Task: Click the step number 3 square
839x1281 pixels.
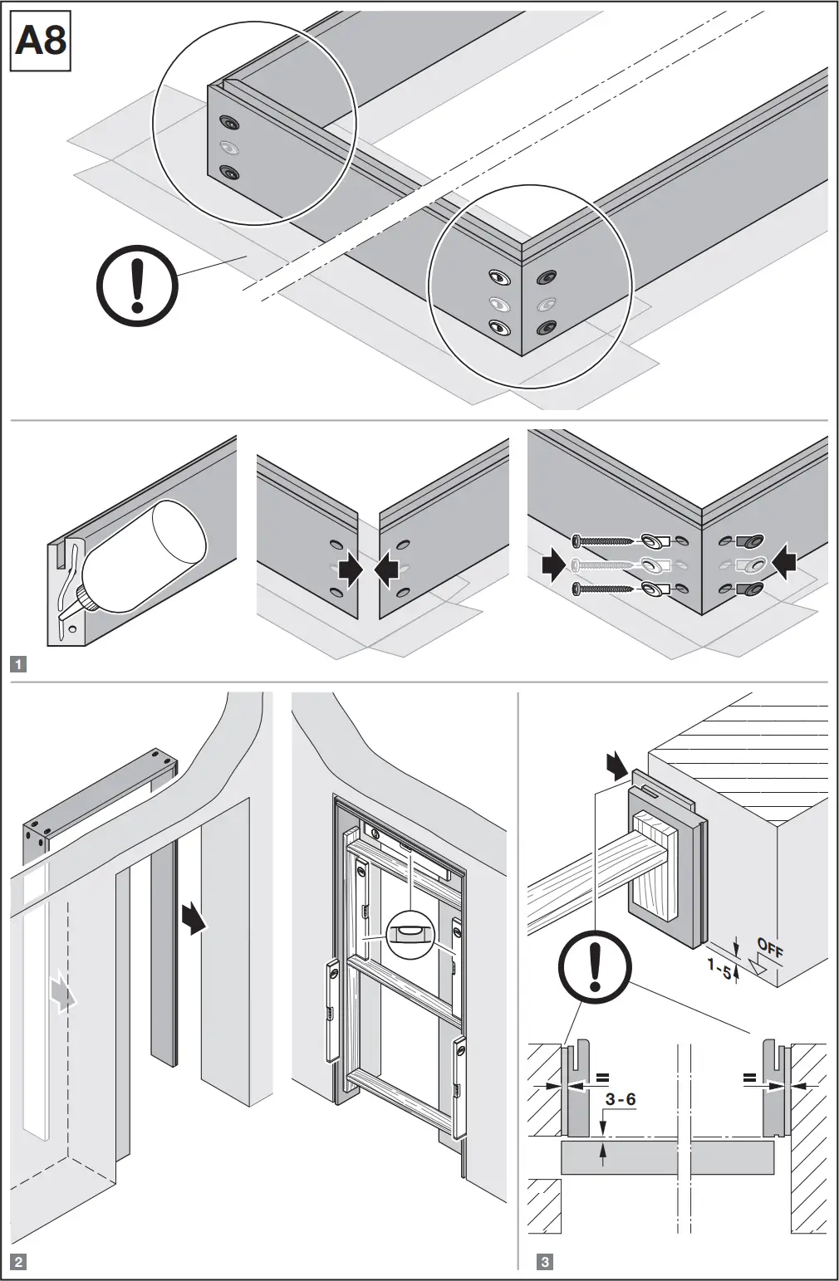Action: pos(545,1263)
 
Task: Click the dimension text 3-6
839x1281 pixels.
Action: pos(621,1099)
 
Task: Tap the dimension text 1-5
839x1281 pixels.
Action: pos(719,965)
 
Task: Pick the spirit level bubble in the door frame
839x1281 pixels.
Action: pos(410,933)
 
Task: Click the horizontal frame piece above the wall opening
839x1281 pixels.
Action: pos(98,797)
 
